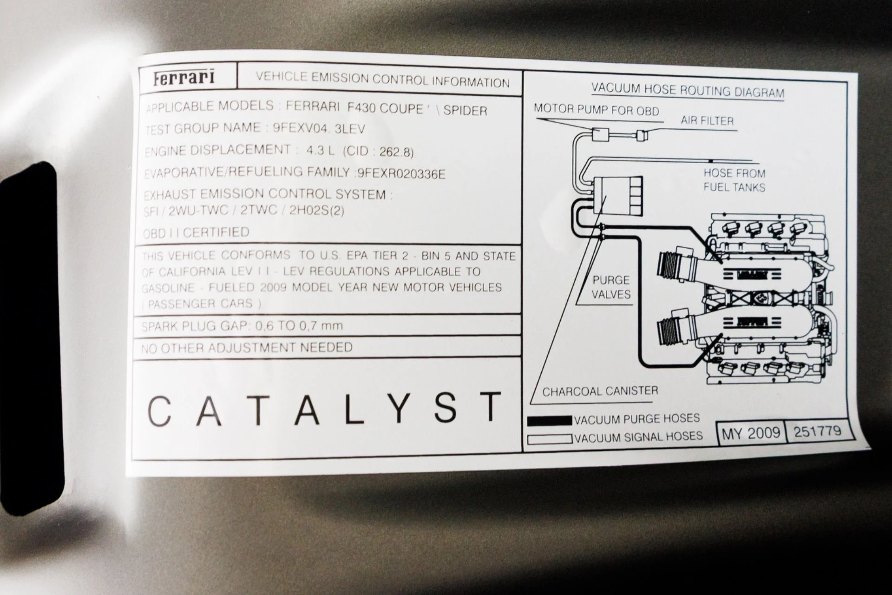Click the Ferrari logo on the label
pos(184,77)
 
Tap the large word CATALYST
pos(324,408)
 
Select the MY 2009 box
pos(750,433)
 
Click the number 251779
pos(817,431)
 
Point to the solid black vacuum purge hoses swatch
pos(549,420)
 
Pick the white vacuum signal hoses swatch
pos(549,439)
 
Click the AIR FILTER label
pos(707,121)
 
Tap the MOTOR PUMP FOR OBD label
pos(597,110)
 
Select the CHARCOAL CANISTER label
pos(600,391)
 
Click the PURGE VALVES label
pos(611,287)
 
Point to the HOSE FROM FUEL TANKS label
pos(734,180)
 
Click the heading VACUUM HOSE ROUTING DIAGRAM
pos(688,90)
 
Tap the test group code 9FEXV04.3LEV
pos(319,128)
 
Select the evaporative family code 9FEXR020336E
pos(401,174)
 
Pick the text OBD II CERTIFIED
pos(196,232)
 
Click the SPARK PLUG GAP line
pos(242,325)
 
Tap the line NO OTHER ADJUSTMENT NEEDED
pos(247,348)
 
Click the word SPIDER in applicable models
pos(465,111)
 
